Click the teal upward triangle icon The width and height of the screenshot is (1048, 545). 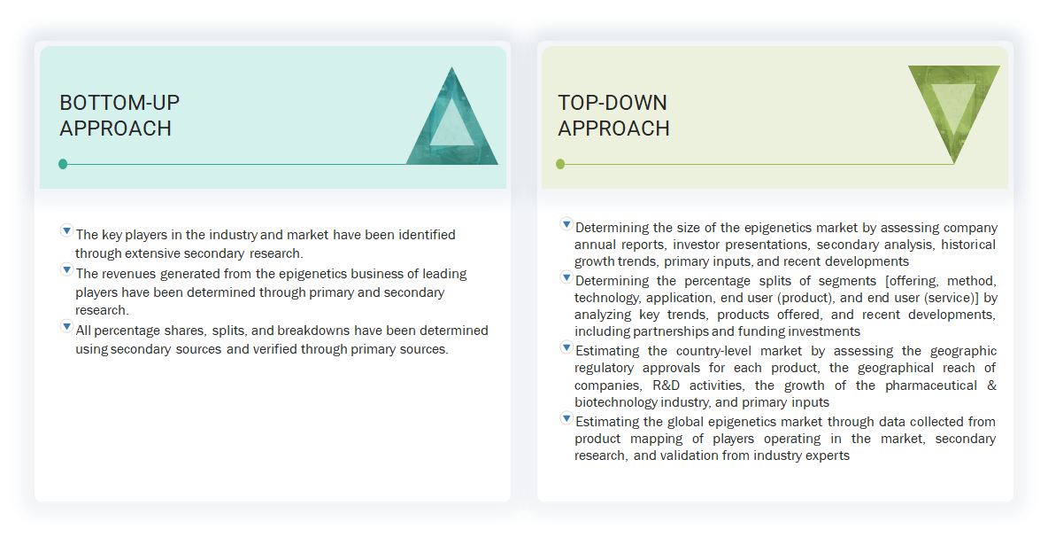[x=452, y=122]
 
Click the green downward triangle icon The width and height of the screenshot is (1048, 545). [x=953, y=107]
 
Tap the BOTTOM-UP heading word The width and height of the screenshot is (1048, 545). [x=119, y=103]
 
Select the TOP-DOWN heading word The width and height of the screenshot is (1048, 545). [x=613, y=103]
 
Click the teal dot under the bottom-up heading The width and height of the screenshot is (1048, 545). [x=63, y=164]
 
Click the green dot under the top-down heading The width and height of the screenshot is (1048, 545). [x=560, y=164]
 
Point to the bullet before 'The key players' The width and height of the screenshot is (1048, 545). [x=66, y=230]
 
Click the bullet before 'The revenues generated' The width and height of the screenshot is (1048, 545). [x=66, y=269]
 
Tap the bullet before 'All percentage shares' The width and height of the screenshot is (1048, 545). [x=66, y=326]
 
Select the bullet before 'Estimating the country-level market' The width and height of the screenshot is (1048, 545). [x=566, y=346]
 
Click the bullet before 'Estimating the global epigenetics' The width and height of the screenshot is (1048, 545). [x=566, y=417]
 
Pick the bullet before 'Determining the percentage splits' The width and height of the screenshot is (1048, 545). [x=566, y=277]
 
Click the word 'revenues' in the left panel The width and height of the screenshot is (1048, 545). [x=130, y=274]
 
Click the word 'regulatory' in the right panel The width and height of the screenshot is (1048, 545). [x=608, y=368]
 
